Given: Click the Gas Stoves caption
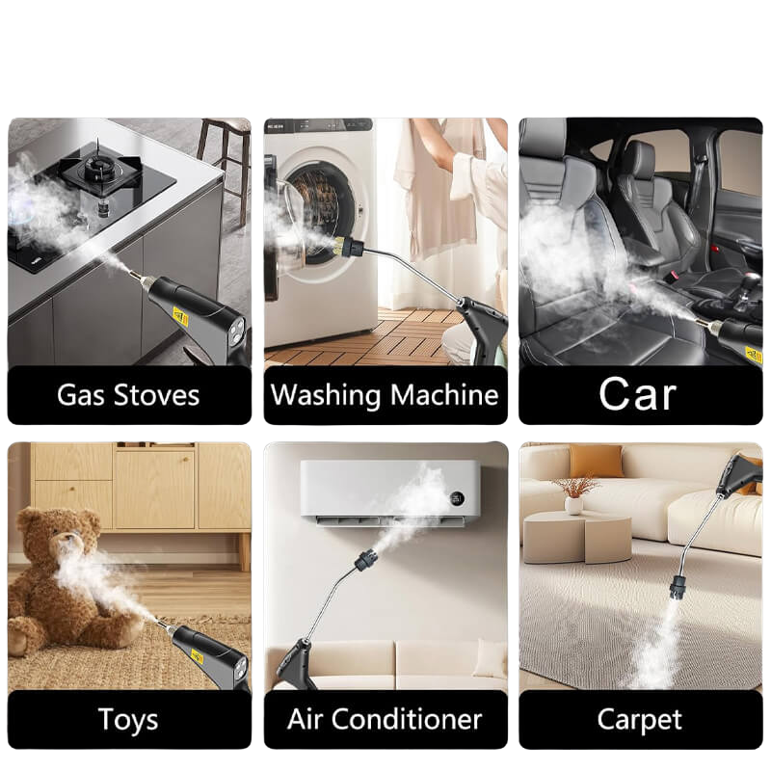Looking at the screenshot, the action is (128, 395).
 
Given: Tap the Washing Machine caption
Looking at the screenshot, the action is (385, 395).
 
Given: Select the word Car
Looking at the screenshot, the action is (638, 394).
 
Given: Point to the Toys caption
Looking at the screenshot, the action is (128, 719).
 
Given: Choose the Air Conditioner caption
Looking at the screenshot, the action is (385, 719).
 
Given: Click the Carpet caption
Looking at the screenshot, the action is (640, 720).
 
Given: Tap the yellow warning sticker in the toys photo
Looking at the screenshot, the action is (199, 657).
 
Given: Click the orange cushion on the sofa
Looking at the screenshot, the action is (596, 461).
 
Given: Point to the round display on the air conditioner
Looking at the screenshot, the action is (458, 499).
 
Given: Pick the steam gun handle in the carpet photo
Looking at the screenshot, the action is (737, 473).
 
